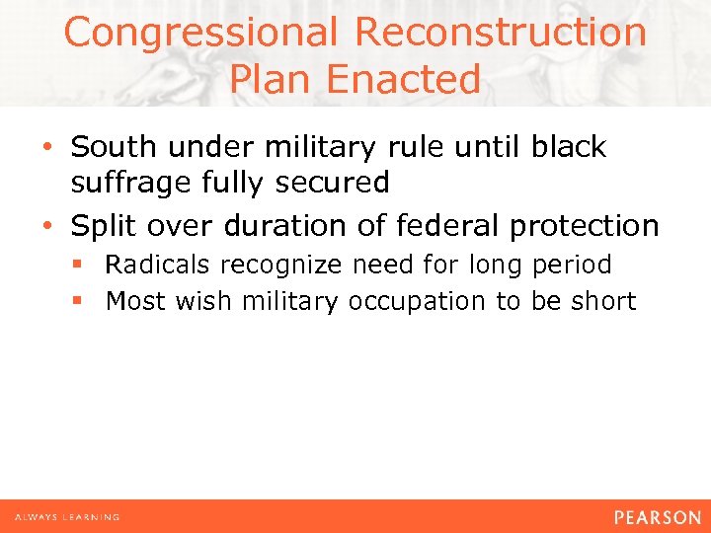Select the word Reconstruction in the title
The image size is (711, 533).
coord(500,33)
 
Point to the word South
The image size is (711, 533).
coord(111,147)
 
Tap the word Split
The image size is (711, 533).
coord(102,226)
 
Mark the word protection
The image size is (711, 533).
coord(584,226)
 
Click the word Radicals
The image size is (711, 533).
coord(158,266)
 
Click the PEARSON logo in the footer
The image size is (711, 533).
coord(657,517)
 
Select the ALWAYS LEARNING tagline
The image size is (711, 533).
coord(67,517)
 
